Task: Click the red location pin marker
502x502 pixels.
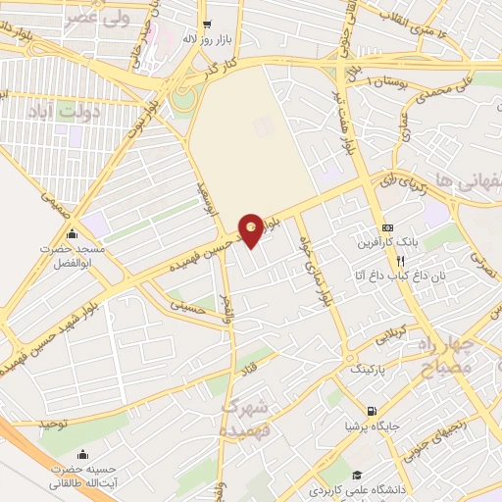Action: pos(252,228)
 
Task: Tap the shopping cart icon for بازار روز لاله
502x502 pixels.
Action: pos(206,25)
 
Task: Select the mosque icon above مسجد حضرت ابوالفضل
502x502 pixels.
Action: pos(72,235)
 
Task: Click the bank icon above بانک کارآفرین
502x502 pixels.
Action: pos(387,226)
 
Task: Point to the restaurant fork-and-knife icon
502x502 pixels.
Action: pos(400,261)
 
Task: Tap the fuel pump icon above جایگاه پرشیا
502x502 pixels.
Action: pos(371,411)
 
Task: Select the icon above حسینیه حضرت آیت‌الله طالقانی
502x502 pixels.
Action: pos(83,455)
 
